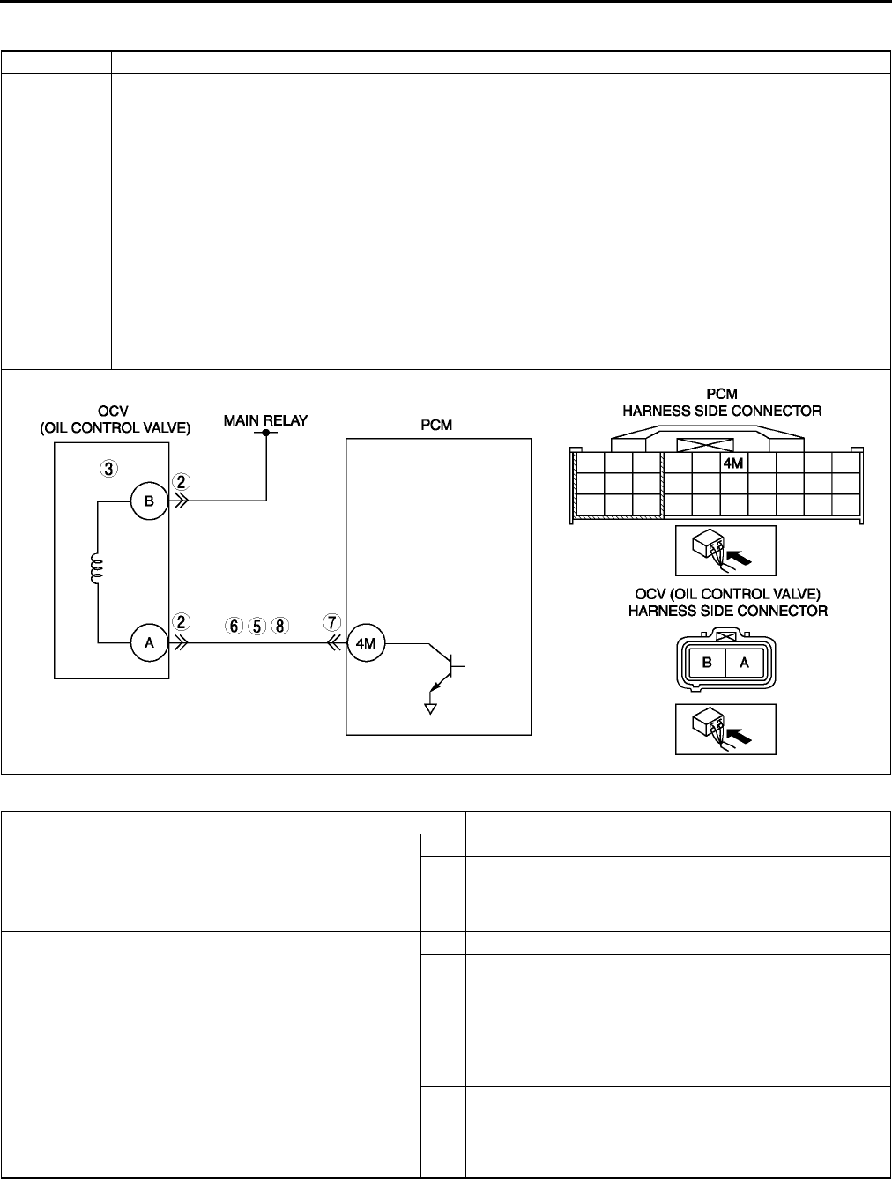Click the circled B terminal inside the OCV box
click(x=149, y=501)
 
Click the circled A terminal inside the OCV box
click(x=149, y=643)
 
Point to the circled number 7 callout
click(x=332, y=622)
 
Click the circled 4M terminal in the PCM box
click(x=365, y=643)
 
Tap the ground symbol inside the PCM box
click(x=431, y=707)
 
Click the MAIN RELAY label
click(x=265, y=420)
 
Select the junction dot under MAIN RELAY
click(x=265, y=433)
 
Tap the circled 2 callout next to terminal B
click(x=181, y=482)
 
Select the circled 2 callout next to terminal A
click(x=181, y=621)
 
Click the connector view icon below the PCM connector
click(x=725, y=552)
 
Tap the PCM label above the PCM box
click(x=436, y=425)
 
